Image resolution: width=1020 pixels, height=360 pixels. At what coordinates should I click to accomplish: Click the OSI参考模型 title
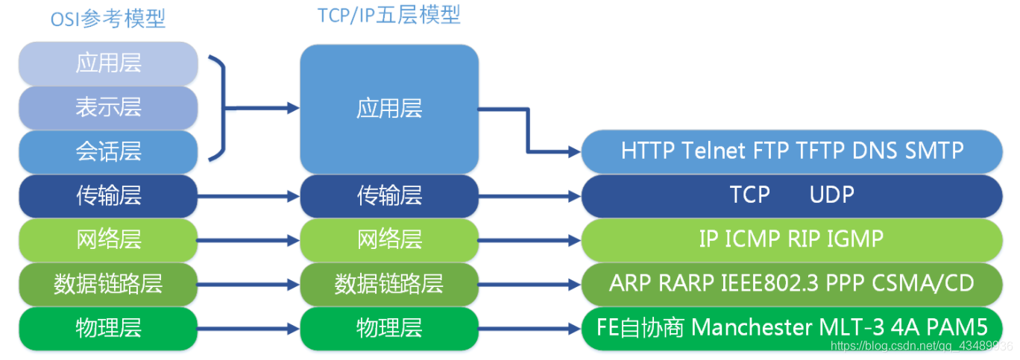pos(108,19)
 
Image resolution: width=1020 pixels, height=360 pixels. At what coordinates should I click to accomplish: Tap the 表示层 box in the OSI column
pos(108,107)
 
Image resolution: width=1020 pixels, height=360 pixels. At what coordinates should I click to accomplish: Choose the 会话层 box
pos(108,152)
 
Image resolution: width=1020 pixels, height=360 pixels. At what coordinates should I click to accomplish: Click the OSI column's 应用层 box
pos(108,63)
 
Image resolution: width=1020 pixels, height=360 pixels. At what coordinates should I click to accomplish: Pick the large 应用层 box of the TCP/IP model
pos(389,109)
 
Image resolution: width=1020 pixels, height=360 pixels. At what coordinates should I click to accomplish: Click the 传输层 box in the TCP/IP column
pos(389,195)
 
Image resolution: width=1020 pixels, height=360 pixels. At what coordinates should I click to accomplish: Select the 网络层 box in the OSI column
pos(108,240)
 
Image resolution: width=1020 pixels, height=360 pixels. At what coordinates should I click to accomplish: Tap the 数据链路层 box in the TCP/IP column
pos(389,283)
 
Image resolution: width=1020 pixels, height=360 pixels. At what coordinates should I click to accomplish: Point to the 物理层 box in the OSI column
pos(108,327)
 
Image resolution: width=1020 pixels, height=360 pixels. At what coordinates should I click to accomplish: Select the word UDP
pos(831,195)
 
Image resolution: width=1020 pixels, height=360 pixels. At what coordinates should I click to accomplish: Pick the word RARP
pos(686,283)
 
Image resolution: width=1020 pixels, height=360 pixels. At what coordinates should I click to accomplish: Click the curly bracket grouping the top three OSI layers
pos(218,108)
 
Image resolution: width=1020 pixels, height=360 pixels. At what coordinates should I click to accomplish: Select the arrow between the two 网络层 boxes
pos(248,241)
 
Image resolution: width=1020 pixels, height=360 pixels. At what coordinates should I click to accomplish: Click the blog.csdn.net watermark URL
pos(922,347)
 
